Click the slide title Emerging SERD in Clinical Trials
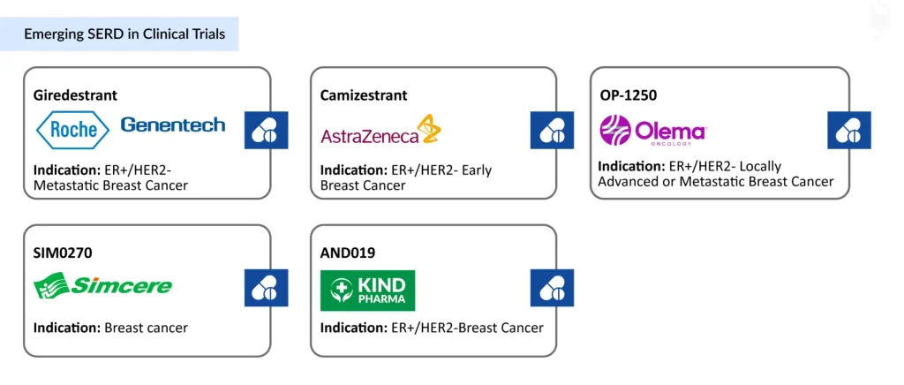coord(124,34)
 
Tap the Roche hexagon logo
coord(72,130)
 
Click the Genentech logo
coord(173,125)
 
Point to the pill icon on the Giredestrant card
coord(267,131)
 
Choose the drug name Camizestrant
coord(364,95)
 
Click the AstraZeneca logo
coord(380,131)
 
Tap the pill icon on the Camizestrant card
coord(553,131)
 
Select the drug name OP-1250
coord(628,95)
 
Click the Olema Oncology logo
coord(653,130)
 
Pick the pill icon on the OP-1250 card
coord(849,131)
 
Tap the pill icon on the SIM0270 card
coord(267,287)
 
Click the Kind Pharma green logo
coord(368,291)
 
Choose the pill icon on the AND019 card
coord(553,287)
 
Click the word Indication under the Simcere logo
coord(67,328)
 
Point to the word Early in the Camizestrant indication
coord(476,170)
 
